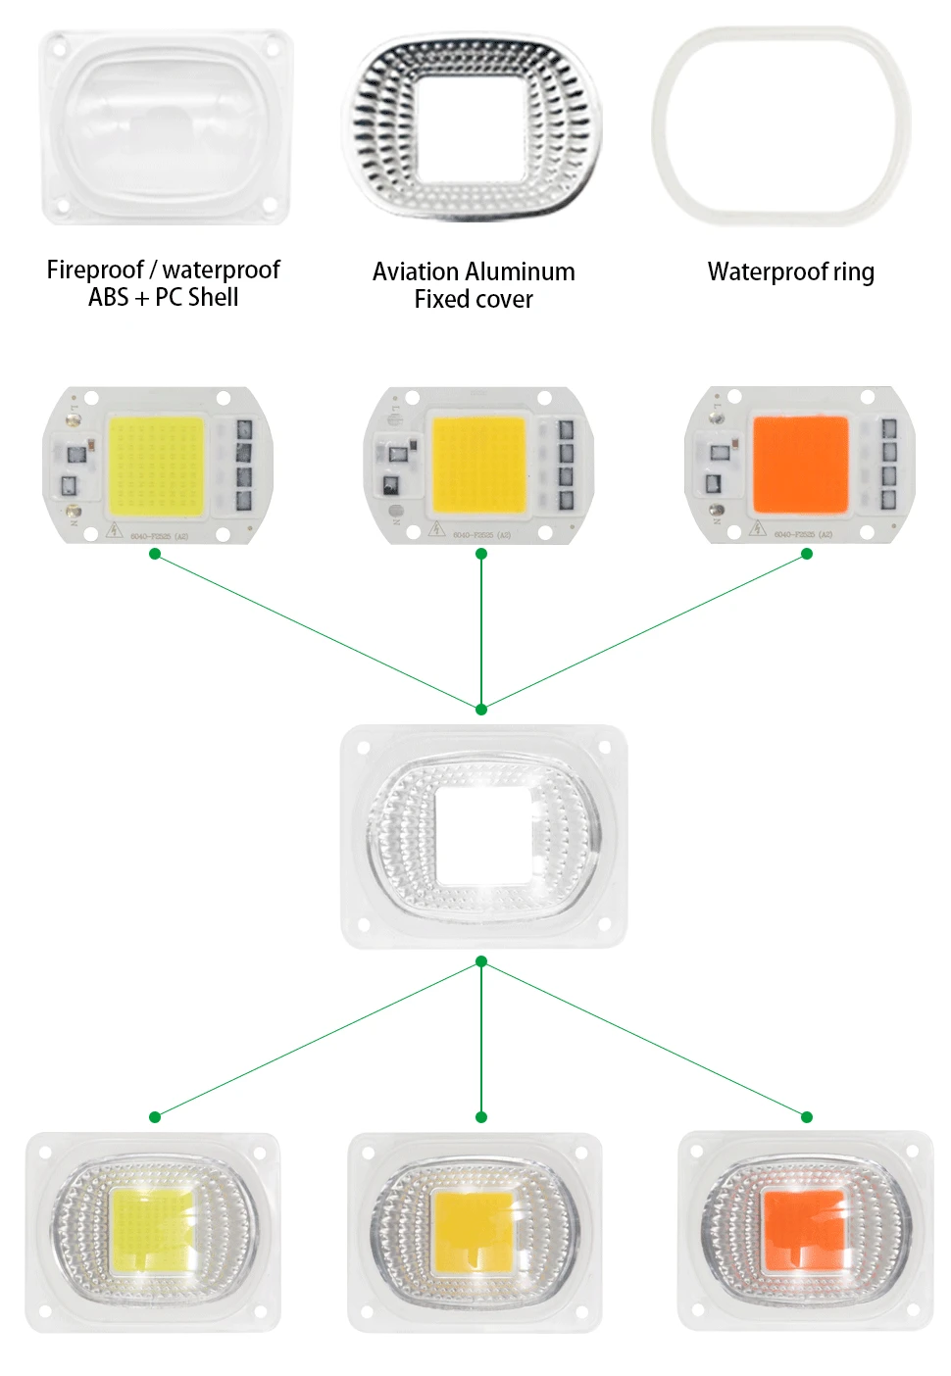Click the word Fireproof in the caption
click(95, 270)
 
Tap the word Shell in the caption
click(212, 297)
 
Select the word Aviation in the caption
click(416, 271)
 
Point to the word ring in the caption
click(853, 272)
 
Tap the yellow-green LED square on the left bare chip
click(156, 466)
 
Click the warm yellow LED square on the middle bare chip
click(479, 465)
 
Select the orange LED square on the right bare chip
click(799, 465)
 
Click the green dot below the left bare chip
click(155, 554)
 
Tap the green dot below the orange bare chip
click(807, 554)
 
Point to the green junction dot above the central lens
click(480, 709)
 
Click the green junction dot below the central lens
click(480, 961)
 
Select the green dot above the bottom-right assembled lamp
click(807, 1117)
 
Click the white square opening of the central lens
click(481, 834)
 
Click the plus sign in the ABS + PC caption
click(142, 298)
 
